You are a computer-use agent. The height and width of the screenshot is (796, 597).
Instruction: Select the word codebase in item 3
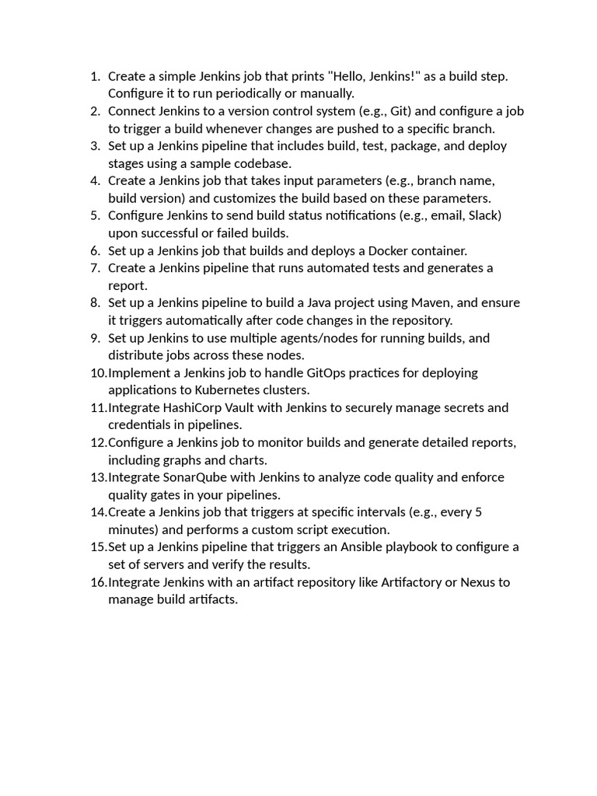[261, 163]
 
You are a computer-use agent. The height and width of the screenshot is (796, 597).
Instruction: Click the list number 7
[95, 268]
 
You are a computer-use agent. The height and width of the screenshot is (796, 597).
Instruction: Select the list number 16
[98, 582]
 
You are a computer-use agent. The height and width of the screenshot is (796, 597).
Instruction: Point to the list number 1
[95, 76]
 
